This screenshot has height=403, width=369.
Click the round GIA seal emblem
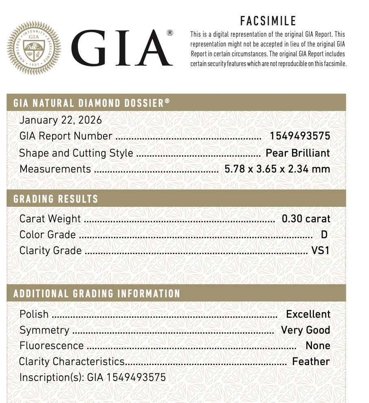(35, 48)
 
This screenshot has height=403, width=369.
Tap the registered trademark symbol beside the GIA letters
(170, 33)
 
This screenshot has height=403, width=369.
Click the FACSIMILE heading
(268, 21)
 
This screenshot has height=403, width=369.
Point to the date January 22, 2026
(61, 120)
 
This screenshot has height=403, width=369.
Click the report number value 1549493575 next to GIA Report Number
(300, 136)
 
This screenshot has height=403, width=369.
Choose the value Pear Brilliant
(298, 153)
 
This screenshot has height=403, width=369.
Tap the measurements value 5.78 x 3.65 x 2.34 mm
(277, 169)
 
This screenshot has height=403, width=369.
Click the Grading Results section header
(56, 199)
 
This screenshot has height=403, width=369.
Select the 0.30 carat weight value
(306, 219)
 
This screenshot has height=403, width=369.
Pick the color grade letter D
(324, 235)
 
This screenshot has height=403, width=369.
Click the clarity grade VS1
(320, 250)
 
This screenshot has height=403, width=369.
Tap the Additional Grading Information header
(97, 294)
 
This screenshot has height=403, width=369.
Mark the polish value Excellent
(308, 314)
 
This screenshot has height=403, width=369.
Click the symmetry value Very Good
(305, 330)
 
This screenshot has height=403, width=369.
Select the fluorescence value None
(318, 345)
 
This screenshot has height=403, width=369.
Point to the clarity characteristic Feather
(311, 361)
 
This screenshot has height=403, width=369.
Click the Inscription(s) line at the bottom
(93, 377)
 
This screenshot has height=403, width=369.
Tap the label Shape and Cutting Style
(76, 153)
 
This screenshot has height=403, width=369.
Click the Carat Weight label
(50, 219)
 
